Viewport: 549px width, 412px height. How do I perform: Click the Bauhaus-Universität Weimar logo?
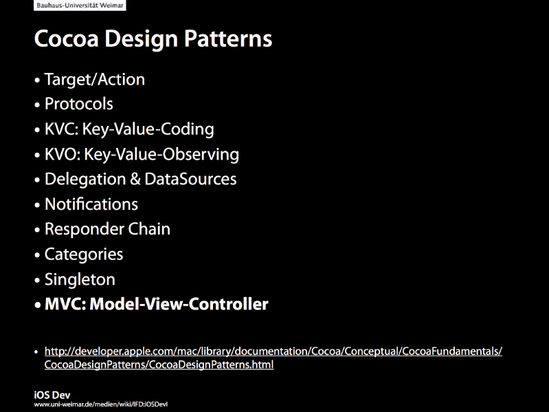click(80, 6)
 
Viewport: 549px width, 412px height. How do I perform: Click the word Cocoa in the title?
click(67, 39)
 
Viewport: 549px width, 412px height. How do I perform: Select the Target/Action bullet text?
click(95, 80)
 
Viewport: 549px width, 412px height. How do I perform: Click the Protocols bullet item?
click(79, 104)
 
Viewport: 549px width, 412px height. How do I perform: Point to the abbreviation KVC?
click(61, 129)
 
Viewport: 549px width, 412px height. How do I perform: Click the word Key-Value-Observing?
click(161, 155)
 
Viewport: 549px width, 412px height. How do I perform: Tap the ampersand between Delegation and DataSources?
click(135, 179)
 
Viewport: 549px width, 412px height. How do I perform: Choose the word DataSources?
click(190, 179)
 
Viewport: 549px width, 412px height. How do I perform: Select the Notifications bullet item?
click(91, 204)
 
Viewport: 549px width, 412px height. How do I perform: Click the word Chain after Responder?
click(149, 229)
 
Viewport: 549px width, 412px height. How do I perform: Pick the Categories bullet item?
click(84, 254)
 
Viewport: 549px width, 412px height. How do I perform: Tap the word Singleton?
click(80, 279)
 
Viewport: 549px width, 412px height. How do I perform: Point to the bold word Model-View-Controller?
click(179, 304)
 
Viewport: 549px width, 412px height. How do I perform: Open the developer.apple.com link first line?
click(273, 351)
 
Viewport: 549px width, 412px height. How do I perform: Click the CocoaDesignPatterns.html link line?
click(159, 365)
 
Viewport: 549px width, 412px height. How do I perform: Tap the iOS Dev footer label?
click(52, 395)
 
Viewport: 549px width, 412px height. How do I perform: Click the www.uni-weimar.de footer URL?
click(101, 404)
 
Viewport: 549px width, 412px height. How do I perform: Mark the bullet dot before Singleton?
click(37, 280)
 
